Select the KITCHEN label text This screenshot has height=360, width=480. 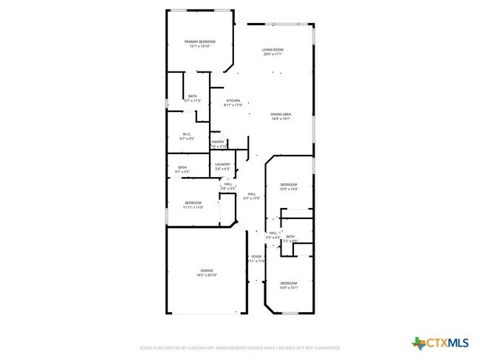[x=233, y=100]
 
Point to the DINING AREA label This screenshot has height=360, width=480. [x=281, y=114]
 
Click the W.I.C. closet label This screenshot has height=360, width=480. [x=188, y=134]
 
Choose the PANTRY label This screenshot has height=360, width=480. [x=218, y=142]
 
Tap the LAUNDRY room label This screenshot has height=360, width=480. [x=222, y=165]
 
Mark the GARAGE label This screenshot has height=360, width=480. [x=207, y=271]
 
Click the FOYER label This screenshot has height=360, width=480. [x=256, y=257]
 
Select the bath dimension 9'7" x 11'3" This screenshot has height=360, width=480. [x=192, y=101]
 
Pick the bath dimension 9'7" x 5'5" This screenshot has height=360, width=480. [x=182, y=172]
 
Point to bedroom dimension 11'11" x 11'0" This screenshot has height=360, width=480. [x=193, y=207]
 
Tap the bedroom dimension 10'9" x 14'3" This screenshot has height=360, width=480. [x=288, y=189]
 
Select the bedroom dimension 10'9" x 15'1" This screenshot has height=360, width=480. [x=288, y=288]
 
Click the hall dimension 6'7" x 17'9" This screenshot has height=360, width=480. [x=252, y=198]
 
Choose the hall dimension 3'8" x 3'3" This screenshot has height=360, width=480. [x=228, y=189]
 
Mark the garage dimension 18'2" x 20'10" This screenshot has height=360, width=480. [x=207, y=275]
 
